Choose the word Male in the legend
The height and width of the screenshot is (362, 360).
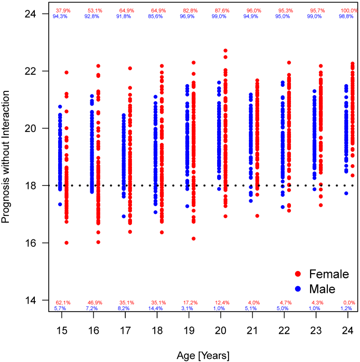click(x=322, y=288)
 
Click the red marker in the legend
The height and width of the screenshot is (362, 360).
click(x=298, y=274)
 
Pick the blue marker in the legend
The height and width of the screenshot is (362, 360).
click(x=298, y=288)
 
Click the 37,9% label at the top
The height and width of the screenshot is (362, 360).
click(x=61, y=10)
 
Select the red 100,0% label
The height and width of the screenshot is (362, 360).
click(x=349, y=10)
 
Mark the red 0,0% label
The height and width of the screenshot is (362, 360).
click(x=349, y=302)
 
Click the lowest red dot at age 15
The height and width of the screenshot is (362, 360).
click(x=66, y=243)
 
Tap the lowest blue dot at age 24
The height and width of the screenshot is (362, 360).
click(x=346, y=193)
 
